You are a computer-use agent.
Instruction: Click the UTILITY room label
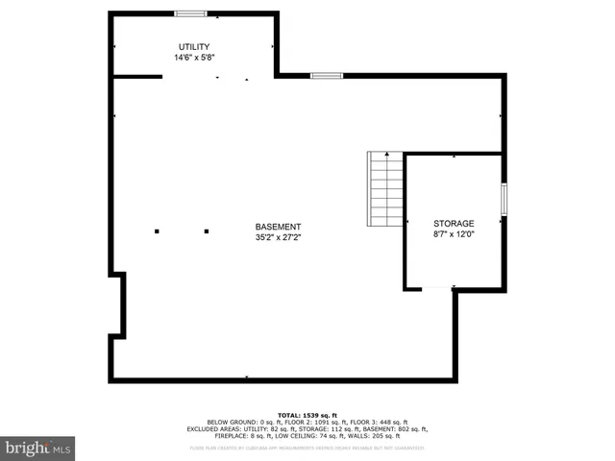[x=193, y=47]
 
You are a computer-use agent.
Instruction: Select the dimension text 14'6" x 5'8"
[x=193, y=58]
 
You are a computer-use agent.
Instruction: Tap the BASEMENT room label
[x=278, y=227]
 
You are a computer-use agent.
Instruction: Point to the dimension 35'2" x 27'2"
[x=278, y=237]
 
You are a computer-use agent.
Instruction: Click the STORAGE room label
[x=453, y=223]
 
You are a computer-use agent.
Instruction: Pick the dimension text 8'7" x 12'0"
[x=453, y=233]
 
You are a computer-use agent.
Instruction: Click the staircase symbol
[x=386, y=189]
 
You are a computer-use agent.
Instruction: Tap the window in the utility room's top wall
[x=190, y=13]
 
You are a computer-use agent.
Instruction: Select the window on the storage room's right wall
[x=504, y=199]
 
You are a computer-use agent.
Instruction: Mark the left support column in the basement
[x=157, y=230]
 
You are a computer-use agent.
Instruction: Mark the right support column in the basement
[x=207, y=230]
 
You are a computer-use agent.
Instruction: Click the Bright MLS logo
[x=37, y=448]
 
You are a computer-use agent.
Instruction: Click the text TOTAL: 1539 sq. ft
[x=307, y=415]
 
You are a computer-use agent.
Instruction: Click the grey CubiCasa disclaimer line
[x=307, y=448]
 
